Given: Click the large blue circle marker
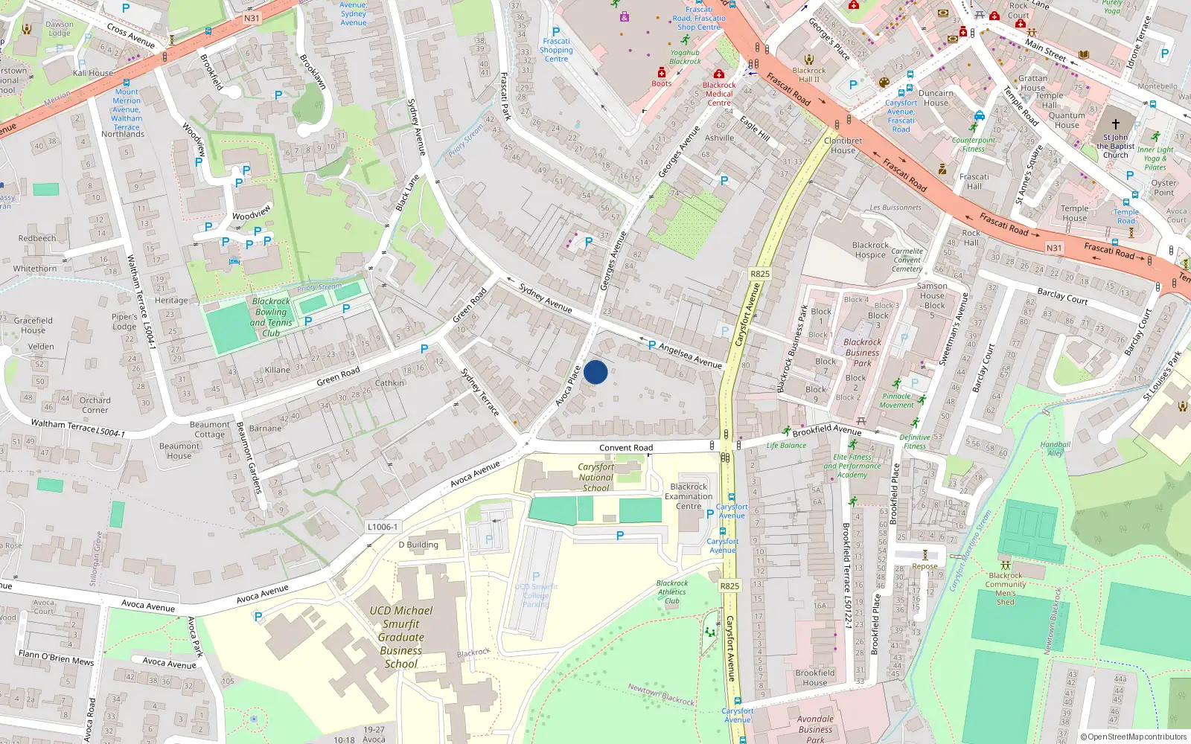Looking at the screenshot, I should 595,372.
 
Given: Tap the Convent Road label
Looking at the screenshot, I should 626,448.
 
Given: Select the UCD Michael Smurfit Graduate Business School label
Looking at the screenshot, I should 401,637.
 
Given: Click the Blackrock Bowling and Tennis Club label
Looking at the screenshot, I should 271,318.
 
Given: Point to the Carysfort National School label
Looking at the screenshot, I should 595,478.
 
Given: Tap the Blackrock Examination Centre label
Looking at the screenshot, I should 689,496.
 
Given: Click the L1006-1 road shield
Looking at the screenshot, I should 383,527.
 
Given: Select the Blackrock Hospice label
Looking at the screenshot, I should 870,250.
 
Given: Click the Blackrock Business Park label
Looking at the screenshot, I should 862,353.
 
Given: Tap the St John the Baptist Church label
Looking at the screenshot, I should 1115,146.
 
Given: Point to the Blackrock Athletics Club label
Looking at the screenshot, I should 672,592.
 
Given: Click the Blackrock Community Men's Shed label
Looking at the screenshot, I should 1006,589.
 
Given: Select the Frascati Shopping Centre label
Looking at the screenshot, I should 556,50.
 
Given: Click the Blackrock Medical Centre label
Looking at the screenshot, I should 719,94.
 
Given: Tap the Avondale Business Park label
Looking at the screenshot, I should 815,729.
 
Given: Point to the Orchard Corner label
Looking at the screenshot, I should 95,405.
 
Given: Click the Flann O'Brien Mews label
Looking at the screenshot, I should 57,658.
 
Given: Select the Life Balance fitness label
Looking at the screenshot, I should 786,446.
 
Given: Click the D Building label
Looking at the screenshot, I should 418,545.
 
